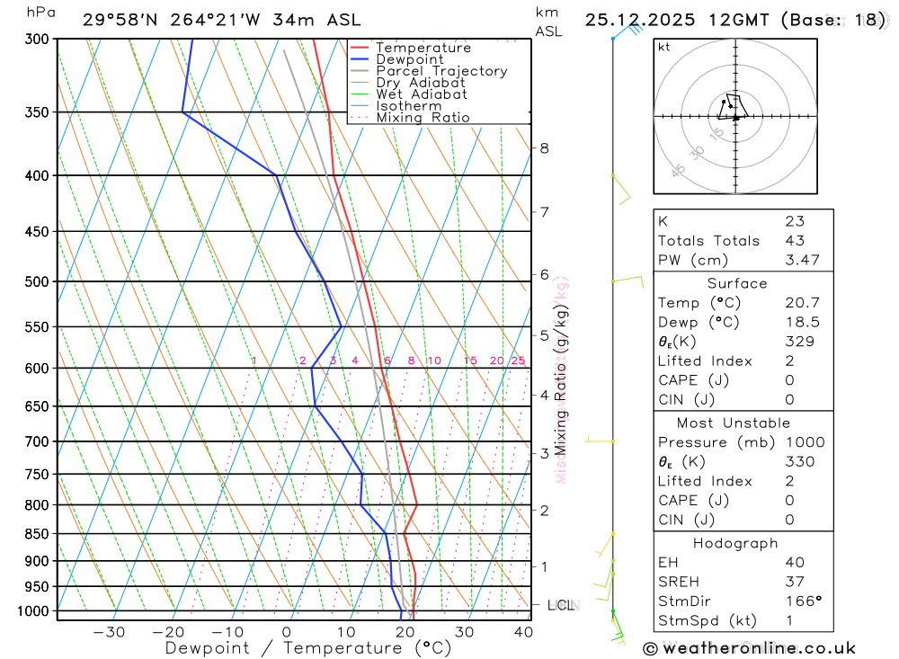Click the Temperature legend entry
[x=423, y=48]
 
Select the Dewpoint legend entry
[x=409, y=59]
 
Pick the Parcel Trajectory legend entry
[x=441, y=71]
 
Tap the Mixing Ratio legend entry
[x=423, y=117]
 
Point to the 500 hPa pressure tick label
[x=37, y=281]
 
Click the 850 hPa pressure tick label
[x=37, y=534]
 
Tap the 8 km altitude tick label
[x=544, y=148]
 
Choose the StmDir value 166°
[x=798, y=601]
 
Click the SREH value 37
[x=795, y=582]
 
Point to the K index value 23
[x=795, y=221]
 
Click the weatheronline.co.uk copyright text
[x=749, y=648]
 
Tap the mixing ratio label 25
[x=518, y=361]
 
